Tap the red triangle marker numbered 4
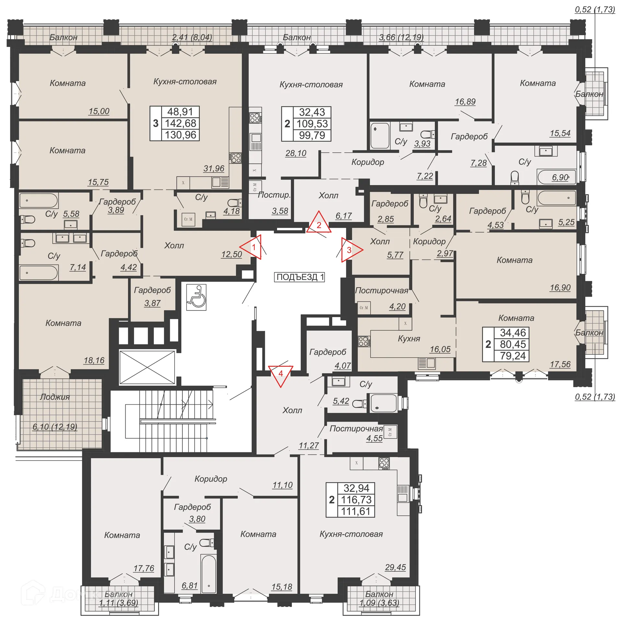click(281, 374)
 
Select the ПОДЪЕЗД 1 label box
click(300, 277)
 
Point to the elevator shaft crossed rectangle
click(147, 367)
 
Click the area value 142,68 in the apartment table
click(180, 123)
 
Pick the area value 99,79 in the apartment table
click(312, 135)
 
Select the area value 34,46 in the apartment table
click(513, 333)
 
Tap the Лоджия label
click(55, 397)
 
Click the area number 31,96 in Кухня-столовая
click(214, 168)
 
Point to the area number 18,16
click(94, 360)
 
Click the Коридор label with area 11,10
click(211, 479)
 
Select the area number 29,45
click(395, 567)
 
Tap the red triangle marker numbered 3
click(350, 250)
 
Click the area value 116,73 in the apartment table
click(356, 500)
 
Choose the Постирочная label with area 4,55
click(356, 429)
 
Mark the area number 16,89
click(465, 102)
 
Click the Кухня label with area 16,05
click(409, 339)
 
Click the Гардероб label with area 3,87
click(152, 290)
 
